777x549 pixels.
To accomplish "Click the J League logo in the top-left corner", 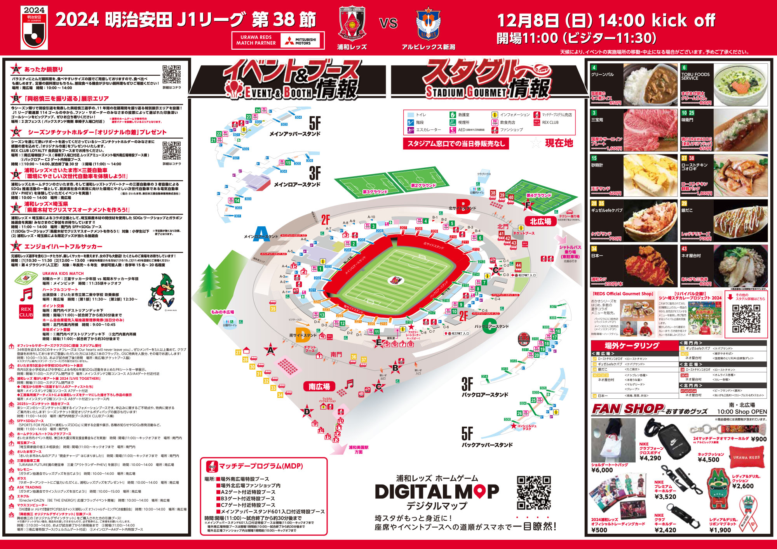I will tap(34, 28).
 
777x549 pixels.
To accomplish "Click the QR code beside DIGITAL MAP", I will tap(533, 493).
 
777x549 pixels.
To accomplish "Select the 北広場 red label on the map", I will tap(540, 221).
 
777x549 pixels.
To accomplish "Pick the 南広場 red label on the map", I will tap(319, 387).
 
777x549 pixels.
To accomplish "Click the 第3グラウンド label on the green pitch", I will tap(375, 192).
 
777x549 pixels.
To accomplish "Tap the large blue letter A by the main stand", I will tap(261, 234).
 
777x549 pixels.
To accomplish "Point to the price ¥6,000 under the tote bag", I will tap(602, 470).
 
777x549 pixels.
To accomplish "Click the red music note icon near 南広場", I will tap(349, 384).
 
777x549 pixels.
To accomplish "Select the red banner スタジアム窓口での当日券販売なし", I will tap(456, 144).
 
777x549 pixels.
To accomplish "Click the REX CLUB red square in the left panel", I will tap(26, 312).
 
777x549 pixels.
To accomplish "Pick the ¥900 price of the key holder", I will tap(759, 439).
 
